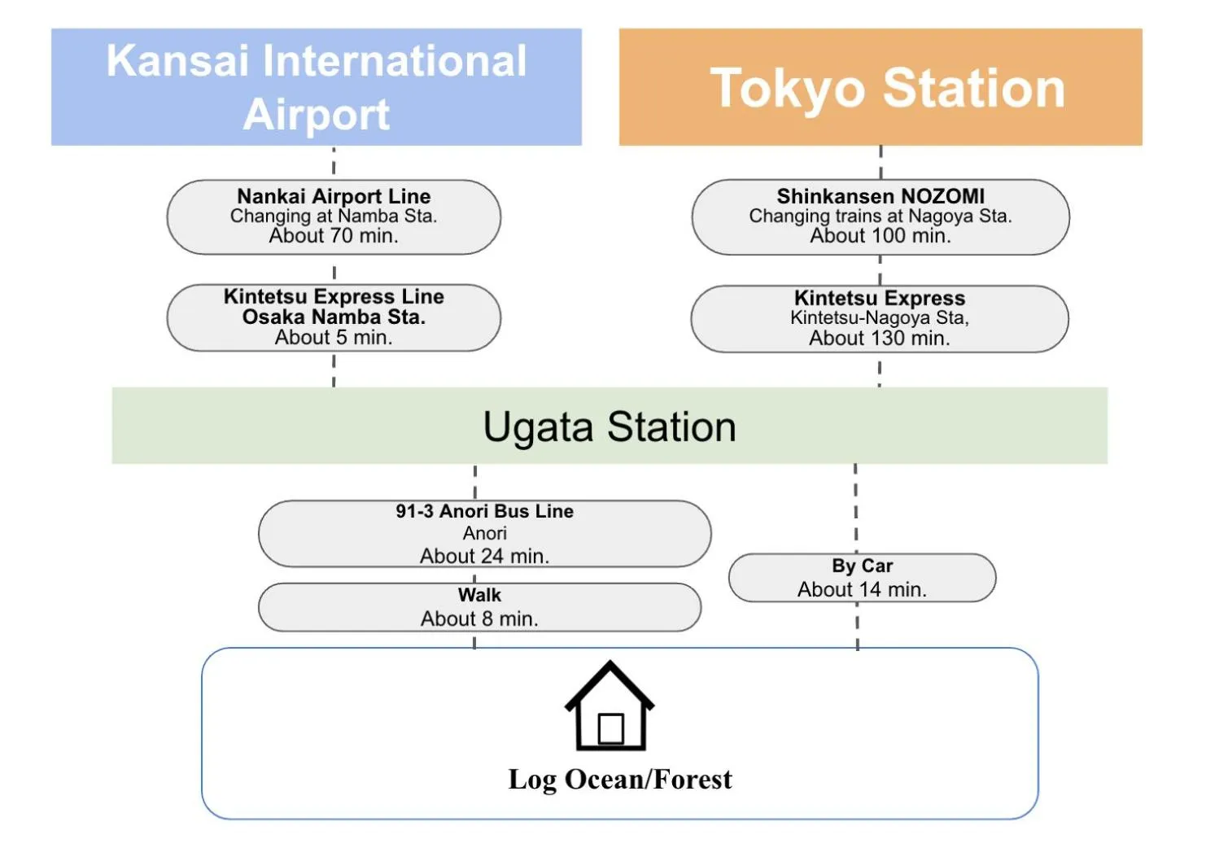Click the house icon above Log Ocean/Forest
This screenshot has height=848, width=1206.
click(x=610, y=706)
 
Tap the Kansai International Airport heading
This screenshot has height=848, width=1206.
click(x=317, y=87)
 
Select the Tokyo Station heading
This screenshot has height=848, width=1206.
click(x=888, y=88)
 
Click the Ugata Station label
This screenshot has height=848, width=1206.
click(x=610, y=426)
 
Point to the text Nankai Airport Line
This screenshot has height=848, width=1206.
click(x=334, y=196)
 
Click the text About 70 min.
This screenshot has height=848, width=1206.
click(x=334, y=236)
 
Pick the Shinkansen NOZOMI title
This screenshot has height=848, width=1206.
click(x=880, y=196)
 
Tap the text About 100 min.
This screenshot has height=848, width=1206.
click(x=880, y=236)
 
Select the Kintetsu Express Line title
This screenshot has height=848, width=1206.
click(x=334, y=296)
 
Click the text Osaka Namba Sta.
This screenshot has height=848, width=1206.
click(x=334, y=317)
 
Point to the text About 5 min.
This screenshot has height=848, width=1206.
click(x=334, y=338)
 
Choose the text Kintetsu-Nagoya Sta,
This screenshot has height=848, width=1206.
click(x=880, y=317)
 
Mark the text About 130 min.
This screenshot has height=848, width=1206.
click(x=880, y=339)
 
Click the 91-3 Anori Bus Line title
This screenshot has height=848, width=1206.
click(x=485, y=511)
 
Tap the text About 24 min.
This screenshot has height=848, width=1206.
click(x=485, y=557)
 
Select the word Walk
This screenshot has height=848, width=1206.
click(x=479, y=595)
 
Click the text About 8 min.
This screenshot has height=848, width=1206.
click(x=479, y=619)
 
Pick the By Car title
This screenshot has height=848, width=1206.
click(x=863, y=566)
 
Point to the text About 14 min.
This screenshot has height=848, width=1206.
click(x=863, y=590)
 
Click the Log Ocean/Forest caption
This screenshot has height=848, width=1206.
click(x=620, y=780)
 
